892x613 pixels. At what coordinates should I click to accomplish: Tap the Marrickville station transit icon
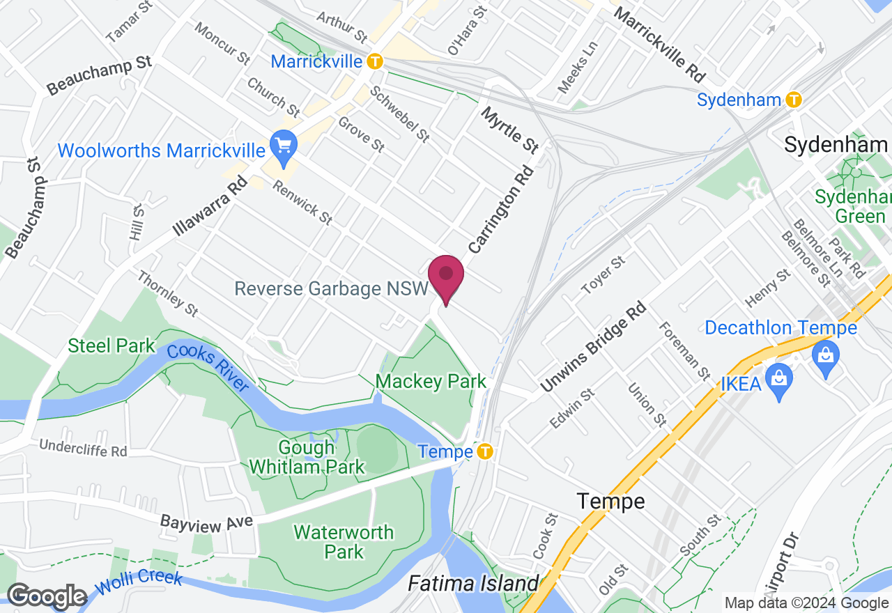pos(375,61)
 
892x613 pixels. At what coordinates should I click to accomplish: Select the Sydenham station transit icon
pos(793,100)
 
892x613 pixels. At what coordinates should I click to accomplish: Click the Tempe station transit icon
pos(485,452)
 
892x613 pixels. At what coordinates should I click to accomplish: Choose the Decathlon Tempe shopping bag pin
pos(826,357)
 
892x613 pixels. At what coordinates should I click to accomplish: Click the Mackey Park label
pos(431,382)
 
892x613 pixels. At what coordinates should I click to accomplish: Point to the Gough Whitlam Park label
pos(307,457)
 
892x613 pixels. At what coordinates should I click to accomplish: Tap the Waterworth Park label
pos(344,542)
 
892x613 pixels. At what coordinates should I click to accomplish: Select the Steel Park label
pos(111,346)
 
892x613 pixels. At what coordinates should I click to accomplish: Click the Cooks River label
pos(208,368)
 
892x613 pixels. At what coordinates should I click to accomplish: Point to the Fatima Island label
pos(473,583)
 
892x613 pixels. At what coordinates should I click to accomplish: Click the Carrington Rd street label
pos(500,209)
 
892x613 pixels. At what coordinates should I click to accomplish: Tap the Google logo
pos(47,597)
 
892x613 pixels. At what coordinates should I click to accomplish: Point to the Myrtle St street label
pos(510,130)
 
